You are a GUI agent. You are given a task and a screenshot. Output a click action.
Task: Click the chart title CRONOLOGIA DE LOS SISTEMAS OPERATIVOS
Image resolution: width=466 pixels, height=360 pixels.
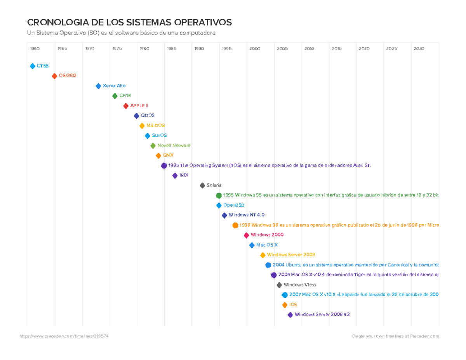[129, 22]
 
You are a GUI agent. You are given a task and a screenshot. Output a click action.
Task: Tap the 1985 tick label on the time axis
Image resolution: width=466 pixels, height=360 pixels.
[172, 49]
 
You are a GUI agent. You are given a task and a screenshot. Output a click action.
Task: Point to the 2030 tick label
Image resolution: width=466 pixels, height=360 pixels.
[419, 49]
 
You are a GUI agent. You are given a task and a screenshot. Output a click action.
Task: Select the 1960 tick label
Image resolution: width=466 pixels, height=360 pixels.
[35, 49]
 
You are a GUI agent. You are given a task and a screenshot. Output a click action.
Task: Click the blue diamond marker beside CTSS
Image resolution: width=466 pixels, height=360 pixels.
[33, 66]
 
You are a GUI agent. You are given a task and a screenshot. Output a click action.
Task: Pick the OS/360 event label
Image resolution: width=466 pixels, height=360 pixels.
[67, 76]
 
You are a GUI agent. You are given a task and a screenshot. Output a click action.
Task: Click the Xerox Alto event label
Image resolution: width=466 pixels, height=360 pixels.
[114, 86]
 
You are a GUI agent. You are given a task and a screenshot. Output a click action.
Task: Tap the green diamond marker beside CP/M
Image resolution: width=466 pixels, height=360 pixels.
[115, 96]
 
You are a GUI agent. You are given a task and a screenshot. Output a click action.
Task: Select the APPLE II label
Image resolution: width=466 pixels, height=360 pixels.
[139, 106]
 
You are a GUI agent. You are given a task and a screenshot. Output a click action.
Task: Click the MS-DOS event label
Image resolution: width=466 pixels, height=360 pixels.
[155, 126]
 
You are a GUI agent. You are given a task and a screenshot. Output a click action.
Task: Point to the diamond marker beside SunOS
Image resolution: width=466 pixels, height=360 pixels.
[148, 136]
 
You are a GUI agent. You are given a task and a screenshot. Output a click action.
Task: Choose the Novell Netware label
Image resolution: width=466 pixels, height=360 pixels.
[174, 146]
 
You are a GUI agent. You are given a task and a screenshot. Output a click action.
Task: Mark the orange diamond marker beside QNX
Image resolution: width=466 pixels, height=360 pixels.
[158, 156]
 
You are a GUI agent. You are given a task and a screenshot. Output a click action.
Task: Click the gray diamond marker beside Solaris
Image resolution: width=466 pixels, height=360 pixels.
[202, 186]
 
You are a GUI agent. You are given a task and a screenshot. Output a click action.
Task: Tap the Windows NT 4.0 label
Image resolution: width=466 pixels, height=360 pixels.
[246, 215]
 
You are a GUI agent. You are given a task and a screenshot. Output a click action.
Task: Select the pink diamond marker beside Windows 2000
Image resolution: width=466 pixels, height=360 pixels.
[246, 235]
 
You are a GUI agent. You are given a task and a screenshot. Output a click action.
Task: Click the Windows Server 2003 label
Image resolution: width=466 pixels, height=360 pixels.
[291, 255]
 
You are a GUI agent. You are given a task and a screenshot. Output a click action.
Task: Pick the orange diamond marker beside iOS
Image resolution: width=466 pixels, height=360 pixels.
[285, 305]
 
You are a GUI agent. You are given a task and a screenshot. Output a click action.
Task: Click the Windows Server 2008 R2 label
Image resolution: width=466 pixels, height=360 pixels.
[322, 315]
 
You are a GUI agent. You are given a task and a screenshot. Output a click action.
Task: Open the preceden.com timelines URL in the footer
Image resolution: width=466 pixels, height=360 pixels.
[64, 336]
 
